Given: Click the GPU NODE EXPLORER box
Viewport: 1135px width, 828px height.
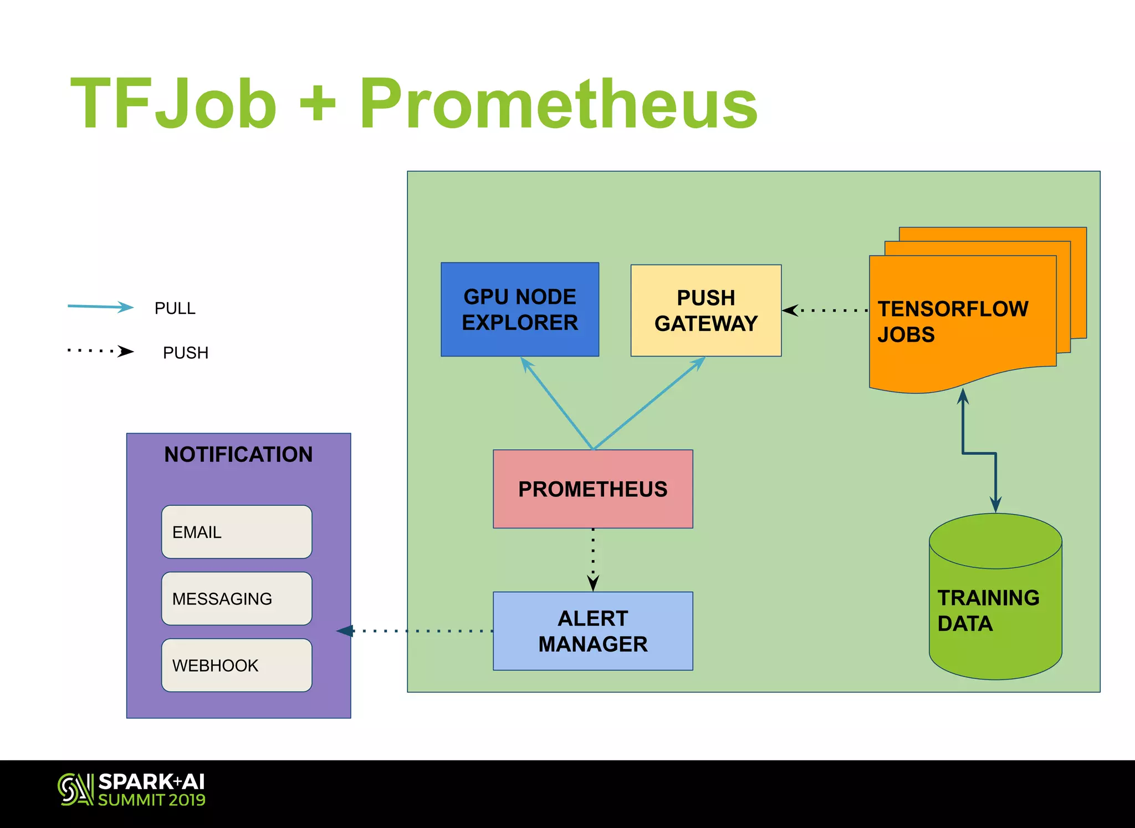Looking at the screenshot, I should [519, 309].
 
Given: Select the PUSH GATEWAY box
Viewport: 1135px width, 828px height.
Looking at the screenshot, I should [705, 311].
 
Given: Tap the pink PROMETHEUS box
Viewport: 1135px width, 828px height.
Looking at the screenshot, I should [592, 489].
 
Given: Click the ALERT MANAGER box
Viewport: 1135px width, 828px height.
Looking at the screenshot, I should [592, 631].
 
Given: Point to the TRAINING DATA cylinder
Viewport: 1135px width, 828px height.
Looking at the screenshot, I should [995, 610].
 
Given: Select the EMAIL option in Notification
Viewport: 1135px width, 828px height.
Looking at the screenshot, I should [237, 532].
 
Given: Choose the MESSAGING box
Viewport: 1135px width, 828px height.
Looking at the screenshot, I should [237, 598].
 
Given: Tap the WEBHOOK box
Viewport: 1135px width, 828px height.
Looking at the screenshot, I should [237, 665].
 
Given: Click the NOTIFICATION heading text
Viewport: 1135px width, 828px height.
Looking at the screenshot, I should [238, 454].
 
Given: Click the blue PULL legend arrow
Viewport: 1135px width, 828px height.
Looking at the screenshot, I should [100, 307].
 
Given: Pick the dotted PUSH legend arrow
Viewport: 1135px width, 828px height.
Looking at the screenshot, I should [100, 351].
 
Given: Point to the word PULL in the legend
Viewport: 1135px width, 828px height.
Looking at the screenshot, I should [175, 308].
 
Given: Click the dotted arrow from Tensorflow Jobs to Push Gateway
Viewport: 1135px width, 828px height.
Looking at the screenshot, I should [825, 311].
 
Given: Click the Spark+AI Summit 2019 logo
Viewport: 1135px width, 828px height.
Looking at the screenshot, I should [131, 789].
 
